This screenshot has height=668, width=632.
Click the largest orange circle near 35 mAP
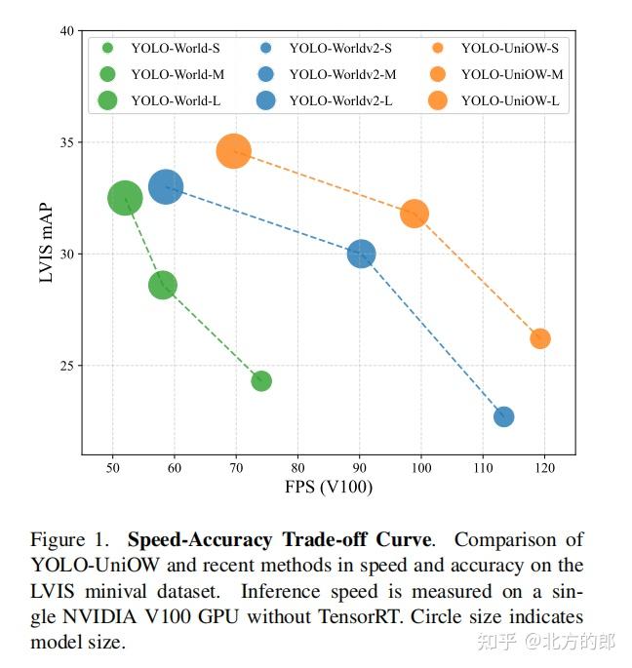click(233, 151)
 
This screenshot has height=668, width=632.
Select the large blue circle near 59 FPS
click(166, 186)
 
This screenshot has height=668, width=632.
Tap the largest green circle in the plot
click(125, 198)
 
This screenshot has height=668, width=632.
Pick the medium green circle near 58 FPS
click(162, 285)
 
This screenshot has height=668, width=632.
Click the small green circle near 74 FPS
click(261, 381)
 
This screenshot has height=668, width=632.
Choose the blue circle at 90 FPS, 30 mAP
click(362, 254)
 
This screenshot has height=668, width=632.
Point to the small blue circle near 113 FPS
click(503, 416)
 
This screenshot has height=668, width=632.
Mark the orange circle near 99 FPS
click(415, 214)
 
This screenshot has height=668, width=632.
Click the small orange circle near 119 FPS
click(540, 338)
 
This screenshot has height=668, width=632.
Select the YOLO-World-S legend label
click(176, 48)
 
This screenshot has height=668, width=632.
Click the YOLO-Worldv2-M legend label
click(342, 74)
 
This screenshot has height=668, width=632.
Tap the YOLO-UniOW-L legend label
click(510, 101)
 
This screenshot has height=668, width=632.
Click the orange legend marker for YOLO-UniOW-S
click(437, 48)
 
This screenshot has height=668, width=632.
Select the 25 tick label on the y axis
click(67, 366)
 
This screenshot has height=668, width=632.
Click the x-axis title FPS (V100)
click(329, 487)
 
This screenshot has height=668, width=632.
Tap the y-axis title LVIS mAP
click(46, 243)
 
